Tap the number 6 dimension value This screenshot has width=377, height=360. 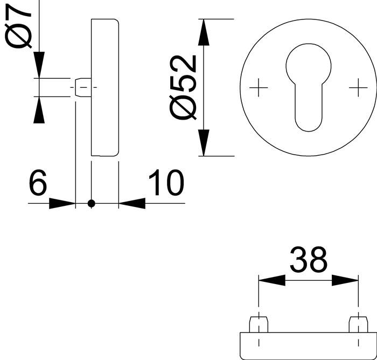38,184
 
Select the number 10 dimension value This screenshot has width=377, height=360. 165,184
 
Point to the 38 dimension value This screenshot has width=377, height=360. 308,260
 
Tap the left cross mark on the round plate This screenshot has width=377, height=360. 259,87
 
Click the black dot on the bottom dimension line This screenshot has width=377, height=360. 91,203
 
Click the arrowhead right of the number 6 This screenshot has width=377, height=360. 62,203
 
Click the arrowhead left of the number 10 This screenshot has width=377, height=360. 132,203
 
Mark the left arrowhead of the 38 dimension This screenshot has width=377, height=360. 272,280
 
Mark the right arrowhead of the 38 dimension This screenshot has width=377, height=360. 345,280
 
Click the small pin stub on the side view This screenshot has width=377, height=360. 81,87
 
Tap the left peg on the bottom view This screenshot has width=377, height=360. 259,324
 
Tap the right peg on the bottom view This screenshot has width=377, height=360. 357,324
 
